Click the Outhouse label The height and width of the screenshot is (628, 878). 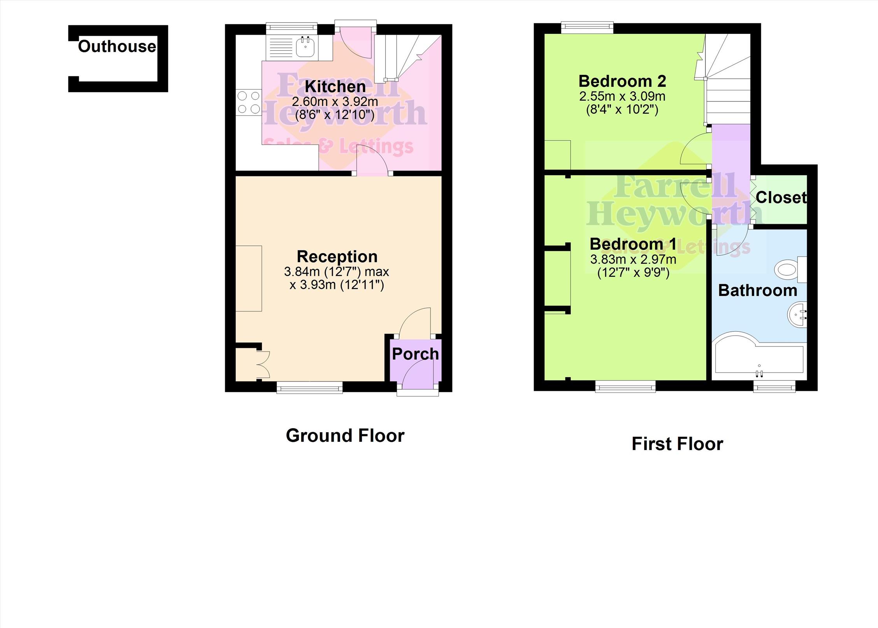pyautogui.click(x=117, y=46)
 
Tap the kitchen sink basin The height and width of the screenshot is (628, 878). pyautogui.click(x=306, y=47)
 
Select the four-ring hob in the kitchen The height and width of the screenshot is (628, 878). pyautogui.click(x=249, y=102)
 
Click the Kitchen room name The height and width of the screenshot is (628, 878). pyautogui.click(x=335, y=86)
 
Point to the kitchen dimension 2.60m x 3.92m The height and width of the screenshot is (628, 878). pyautogui.click(x=335, y=102)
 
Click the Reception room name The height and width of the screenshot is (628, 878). pyautogui.click(x=337, y=257)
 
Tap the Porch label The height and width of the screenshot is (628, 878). pyautogui.click(x=415, y=354)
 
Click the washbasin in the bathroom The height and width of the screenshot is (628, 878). pyautogui.click(x=797, y=315)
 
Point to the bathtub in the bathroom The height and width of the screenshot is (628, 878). pyautogui.click(x=759, y=356)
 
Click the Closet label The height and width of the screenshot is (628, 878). pyautogui.click(x=781, y=198)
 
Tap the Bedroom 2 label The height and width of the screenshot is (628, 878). pyautogui.click(x=622, y=81)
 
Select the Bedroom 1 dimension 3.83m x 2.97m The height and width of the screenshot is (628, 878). pyautogui.click(x=633, y=259)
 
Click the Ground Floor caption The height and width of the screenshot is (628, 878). pyautogui.click(x=345, y=435)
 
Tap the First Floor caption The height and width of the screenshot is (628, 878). pyautogui.click(x=677, y=444)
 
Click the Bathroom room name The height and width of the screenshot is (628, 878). pyautogui.click(x=757, y=290)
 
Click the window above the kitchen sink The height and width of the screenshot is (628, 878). pyautogui.click(x=291, y=27)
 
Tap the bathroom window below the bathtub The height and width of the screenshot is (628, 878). pyautogui.click(x=774, y=387)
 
